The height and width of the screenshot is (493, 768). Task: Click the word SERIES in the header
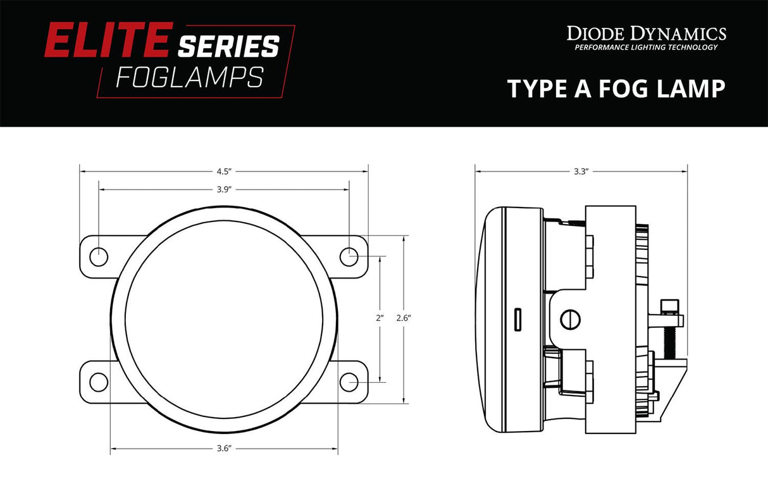(x=228, y=47)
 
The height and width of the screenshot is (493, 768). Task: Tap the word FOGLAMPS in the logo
(x=190, y=77)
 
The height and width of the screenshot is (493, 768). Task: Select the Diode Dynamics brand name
(x=646, y=34)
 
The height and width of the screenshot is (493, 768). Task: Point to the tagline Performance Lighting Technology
(x=646, y=47)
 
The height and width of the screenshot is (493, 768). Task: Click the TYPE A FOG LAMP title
(x=616, y=89)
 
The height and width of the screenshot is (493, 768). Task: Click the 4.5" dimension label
(x=223, y=171)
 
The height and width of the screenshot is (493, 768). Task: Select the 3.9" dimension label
(x=223, y=189)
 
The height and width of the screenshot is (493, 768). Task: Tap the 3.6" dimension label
(x=223, y=449)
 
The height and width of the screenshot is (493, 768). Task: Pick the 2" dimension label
(x=380, y=318)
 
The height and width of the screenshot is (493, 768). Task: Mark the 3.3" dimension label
(x=581, y=171)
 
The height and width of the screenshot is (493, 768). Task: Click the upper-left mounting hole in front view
(x=99, y=256)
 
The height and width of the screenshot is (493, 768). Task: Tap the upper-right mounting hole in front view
(x=349, y=256)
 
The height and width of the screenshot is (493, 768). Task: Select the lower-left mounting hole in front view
(x=99, y=382)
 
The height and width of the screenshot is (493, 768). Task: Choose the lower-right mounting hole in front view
(x=349, y=382)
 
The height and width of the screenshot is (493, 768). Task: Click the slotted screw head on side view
(x=571, y=318)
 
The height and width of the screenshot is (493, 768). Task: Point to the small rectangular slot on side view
(x=517, y=320)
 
